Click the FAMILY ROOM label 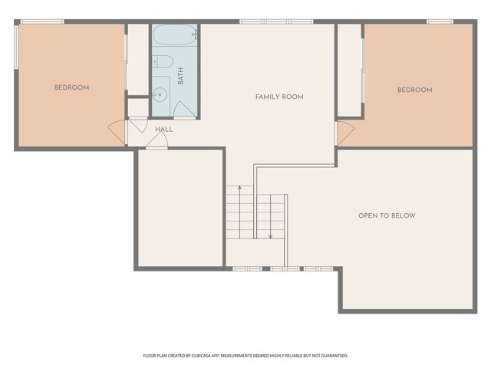(279, 97)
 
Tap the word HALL (163, 130)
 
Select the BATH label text (181, 76)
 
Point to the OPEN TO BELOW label (387, 215)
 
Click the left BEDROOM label (71, 87)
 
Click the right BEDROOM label (415, 90)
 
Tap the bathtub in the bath (175, 35)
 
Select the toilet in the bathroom (163, 61)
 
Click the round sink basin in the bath (160, 94)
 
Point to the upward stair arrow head (239, 188)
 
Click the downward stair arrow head (271, 237)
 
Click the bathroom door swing (184, 109)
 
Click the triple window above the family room (276, 21)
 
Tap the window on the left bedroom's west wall (16, 47)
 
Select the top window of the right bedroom (440, 21)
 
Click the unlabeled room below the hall (180, 209)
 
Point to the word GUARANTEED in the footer (338, 356)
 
